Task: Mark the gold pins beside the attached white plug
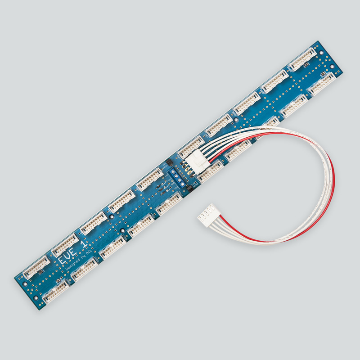(185, 167)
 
